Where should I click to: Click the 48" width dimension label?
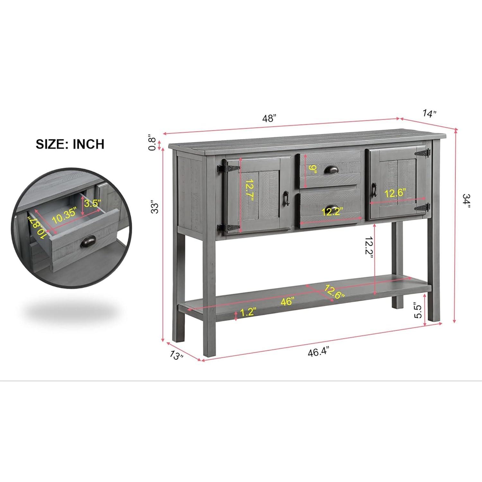point(269,119)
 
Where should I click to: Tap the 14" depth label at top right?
point(430,113)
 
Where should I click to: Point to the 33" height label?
point(155,208)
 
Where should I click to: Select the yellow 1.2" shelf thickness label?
point(248,312)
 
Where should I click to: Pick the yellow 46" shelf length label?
point(287,301)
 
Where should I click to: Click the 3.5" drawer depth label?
point(93,203)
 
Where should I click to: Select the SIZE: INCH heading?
point(70,144)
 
